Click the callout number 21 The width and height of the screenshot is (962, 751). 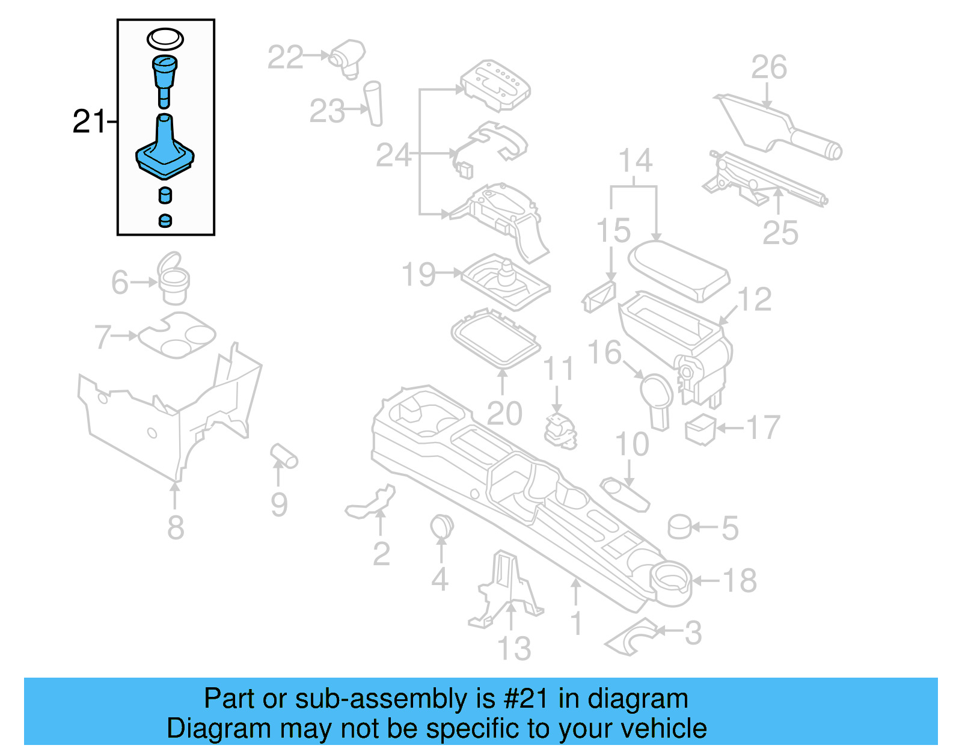[88, 122]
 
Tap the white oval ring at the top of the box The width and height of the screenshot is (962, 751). [165, 40]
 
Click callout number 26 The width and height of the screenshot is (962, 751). [768, 67]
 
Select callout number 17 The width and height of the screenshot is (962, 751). [763, 428]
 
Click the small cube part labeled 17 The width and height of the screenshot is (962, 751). [700, 429]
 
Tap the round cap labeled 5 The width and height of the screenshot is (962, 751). [679, 527]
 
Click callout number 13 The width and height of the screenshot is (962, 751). [514, 649]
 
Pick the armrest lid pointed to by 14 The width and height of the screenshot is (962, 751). [678, 269]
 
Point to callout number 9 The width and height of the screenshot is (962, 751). [278, 504]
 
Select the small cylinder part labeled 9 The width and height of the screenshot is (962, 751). [284, 456]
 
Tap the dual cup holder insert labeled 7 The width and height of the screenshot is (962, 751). [177, 335]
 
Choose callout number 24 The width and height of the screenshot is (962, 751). [393, 156]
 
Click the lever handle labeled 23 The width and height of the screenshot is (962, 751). [374, 103]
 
